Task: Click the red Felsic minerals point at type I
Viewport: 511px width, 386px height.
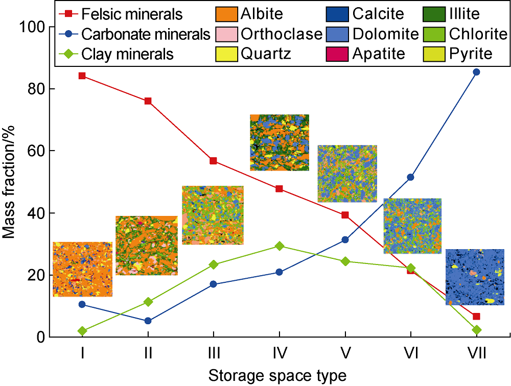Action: click(x=82, y=76)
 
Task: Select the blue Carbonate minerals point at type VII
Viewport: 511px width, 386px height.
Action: click(x=476, y=72)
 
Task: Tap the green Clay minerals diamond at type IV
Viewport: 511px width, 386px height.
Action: click(x=279, y=246)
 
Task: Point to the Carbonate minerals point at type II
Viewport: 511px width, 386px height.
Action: click(x=148, y=321)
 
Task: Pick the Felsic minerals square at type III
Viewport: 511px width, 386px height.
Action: click(x=213, y=161)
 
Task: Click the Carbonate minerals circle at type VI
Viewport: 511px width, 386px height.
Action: click(x=410, y=177)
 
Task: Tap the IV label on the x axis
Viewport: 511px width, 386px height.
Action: click(x=279, y=352)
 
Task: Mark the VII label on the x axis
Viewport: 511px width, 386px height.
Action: click(x=476, y=352)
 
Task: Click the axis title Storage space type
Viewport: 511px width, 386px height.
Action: click(x=277, y=376)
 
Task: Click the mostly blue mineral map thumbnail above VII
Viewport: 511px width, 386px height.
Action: click(x=475, y=277)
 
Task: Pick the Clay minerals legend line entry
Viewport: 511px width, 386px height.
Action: click(x=128, y=54)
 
